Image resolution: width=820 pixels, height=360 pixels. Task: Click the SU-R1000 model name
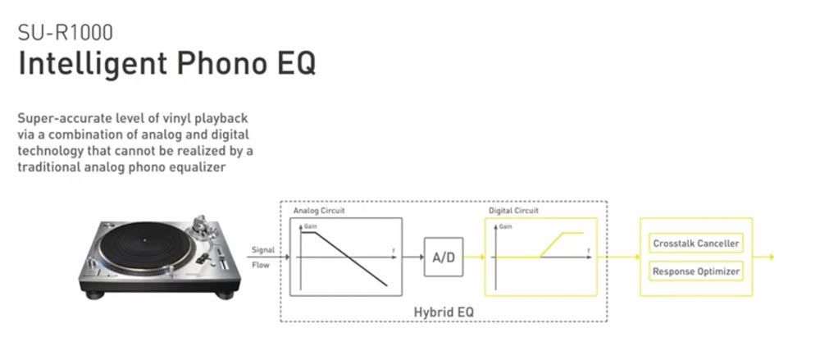pos(66,33)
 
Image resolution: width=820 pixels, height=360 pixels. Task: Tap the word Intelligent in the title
pos(93,64)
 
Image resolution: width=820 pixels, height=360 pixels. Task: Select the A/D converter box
pos(444,257)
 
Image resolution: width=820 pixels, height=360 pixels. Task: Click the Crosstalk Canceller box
pos(696,244)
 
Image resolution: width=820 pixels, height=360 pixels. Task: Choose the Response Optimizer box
pos(696,271)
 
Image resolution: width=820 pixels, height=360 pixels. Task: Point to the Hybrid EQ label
pos(444,312)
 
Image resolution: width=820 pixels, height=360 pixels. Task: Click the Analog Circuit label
pos(319,211)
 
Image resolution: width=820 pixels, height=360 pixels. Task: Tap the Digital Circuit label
pos(513,211)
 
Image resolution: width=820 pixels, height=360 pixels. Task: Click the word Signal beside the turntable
pos(263,250)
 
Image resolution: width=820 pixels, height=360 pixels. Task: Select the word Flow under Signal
pos(261,265)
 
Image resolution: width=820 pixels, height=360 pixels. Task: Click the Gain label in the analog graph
pos(311,226)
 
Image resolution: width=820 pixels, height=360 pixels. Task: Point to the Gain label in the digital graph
pos(505,226)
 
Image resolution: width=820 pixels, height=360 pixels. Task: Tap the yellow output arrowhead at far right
pos(771,257)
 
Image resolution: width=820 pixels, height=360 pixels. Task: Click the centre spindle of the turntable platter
pos(143,240)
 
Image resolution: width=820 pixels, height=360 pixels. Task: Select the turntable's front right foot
pos(225,295)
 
